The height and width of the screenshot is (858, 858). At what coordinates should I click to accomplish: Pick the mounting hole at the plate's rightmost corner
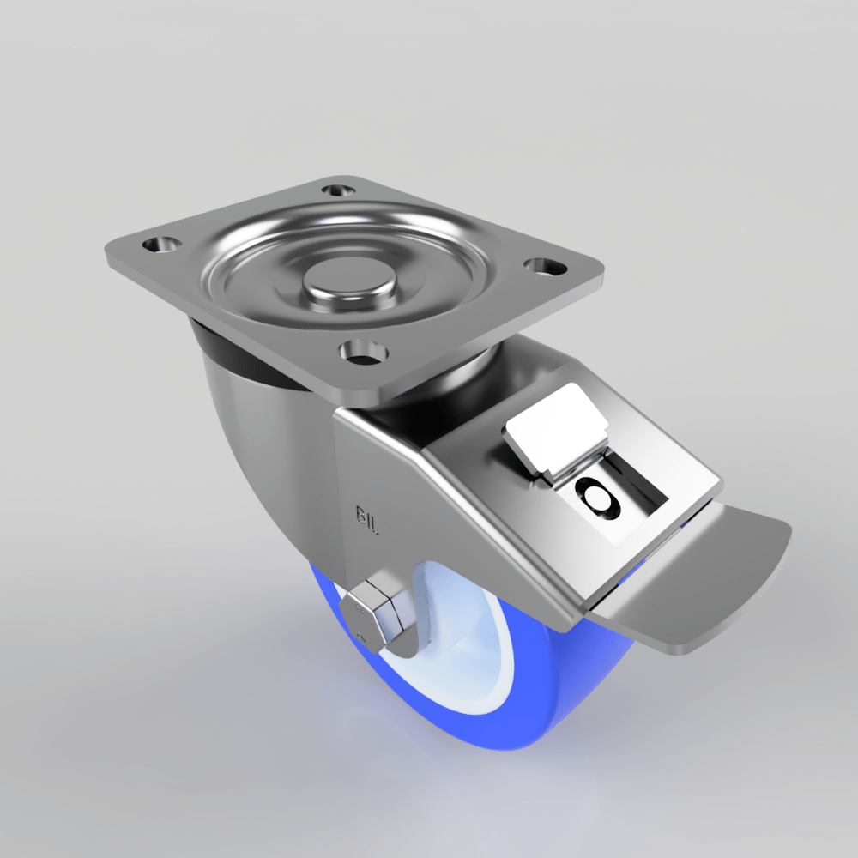541,267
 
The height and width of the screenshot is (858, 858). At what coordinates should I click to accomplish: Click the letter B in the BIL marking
360,513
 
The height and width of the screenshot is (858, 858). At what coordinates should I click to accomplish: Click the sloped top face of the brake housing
480,480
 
